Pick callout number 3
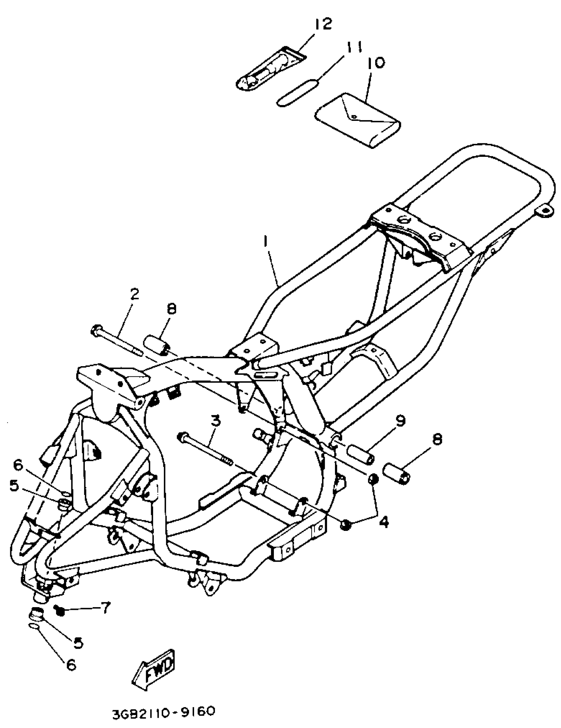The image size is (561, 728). point(216,421)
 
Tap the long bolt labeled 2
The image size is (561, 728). point(116,341)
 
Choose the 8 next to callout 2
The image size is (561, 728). point(171,309)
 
